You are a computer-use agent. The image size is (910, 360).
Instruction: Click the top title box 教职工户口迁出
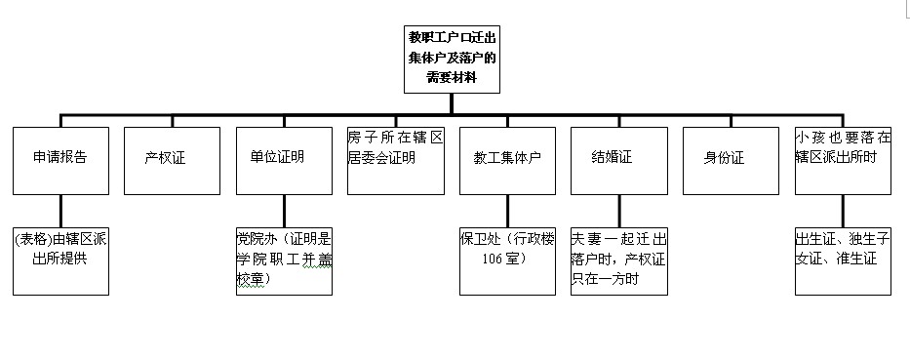click(x=452, y=60)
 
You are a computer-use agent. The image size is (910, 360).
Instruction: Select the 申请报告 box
click(x=60, y=159)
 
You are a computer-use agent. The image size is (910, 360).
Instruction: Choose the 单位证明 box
click(x=284, y=159)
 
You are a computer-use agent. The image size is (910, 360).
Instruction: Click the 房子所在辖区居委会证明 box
click(x=396, y=159)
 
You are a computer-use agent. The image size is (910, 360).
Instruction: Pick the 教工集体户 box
click(x=507, y=159)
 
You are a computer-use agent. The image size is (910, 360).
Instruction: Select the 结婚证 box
click(x=618, y=159)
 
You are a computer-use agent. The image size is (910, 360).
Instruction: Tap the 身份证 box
click(x=730, y=159)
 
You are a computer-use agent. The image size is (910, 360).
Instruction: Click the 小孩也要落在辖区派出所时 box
click(x=843, y=159)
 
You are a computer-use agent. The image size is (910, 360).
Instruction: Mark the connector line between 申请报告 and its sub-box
click(x=60, y=210)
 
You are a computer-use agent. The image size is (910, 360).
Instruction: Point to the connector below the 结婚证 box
click(x=618, y=210)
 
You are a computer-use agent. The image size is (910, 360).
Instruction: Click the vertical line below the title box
click(x=452, y=104)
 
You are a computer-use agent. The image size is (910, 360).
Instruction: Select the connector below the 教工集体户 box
click(x=507, y=210)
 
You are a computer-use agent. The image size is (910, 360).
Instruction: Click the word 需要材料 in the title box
click(x=452, y=77)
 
